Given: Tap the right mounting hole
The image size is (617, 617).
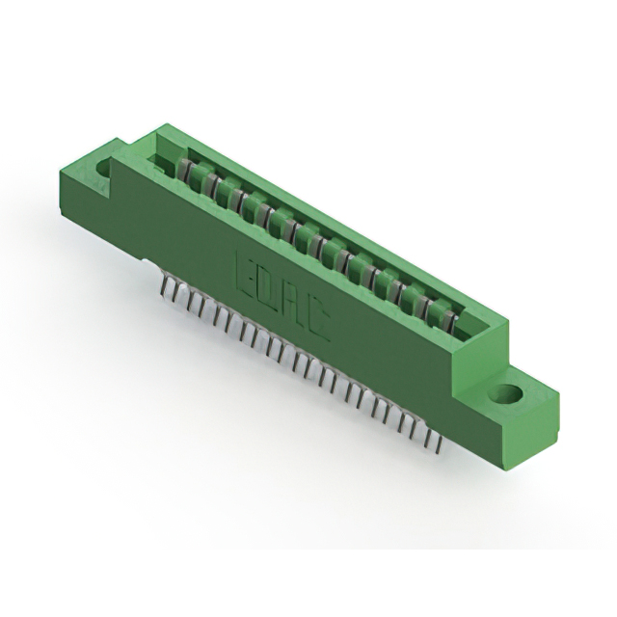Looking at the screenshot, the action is [506, 394].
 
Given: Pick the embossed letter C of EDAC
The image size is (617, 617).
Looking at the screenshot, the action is [318, 324].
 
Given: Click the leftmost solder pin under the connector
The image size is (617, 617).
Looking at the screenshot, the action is [163, 285].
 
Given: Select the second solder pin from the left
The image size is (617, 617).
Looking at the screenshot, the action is [176, 293].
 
